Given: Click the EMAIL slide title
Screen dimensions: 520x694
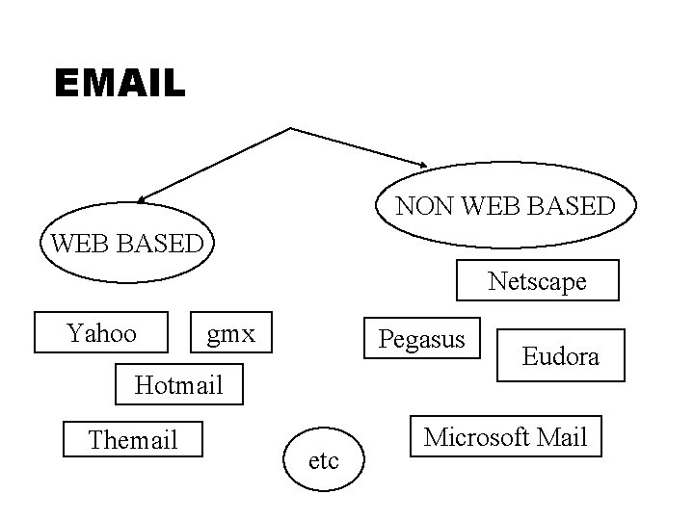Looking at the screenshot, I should tap(120, 83).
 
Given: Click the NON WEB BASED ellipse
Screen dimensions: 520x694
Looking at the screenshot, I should tap(505, 206).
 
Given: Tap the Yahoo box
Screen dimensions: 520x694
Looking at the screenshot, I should tap(101, 334).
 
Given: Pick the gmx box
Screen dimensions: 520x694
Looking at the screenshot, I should tap(231, 334).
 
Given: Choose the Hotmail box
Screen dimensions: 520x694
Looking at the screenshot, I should tap(179, 385).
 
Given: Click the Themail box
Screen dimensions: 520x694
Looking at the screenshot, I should tap(132, 439).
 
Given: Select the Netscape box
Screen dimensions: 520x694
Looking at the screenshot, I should tap(537, 281).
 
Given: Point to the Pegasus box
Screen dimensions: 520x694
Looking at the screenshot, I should tap(421, 339).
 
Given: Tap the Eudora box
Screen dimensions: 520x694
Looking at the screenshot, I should tap(560, 356).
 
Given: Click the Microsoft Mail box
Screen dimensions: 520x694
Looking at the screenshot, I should tap(505, 437).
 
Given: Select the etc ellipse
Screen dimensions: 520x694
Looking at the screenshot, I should tap(324, 461).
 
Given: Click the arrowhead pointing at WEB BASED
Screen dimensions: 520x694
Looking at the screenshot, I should tap(142, 199).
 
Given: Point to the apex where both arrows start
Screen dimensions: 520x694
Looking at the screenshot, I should tap(290, 127).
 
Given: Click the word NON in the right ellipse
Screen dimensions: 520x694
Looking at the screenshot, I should tap(421, 206).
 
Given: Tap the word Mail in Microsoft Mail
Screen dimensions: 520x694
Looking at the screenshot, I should tap(561, 437).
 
